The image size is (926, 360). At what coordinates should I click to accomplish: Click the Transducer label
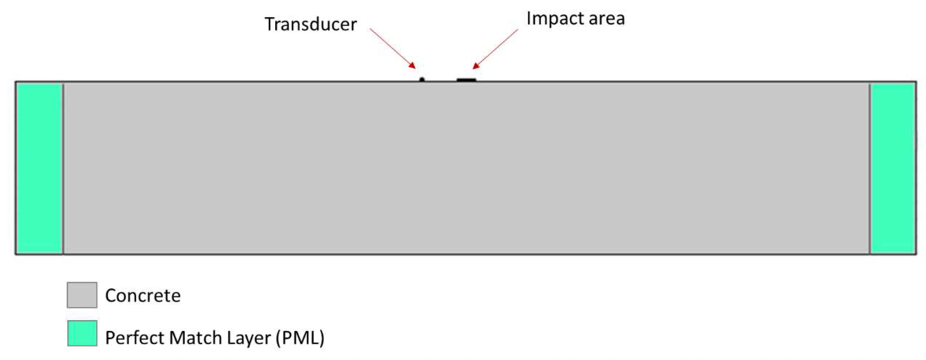(311, 24)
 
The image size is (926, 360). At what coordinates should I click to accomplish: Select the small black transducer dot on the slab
(422, 79)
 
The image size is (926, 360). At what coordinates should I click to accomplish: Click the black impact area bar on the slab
(466, 80)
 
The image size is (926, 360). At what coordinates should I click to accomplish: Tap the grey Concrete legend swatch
(82, 295)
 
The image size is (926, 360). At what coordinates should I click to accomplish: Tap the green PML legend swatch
(82, 333)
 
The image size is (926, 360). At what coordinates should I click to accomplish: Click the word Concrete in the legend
(143, 296)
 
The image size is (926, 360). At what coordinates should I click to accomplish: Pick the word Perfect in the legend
(133, 338)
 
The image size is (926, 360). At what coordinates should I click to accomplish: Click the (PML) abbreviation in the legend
(300, 338)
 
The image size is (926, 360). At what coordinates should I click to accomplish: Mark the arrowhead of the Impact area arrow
(475, 66)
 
